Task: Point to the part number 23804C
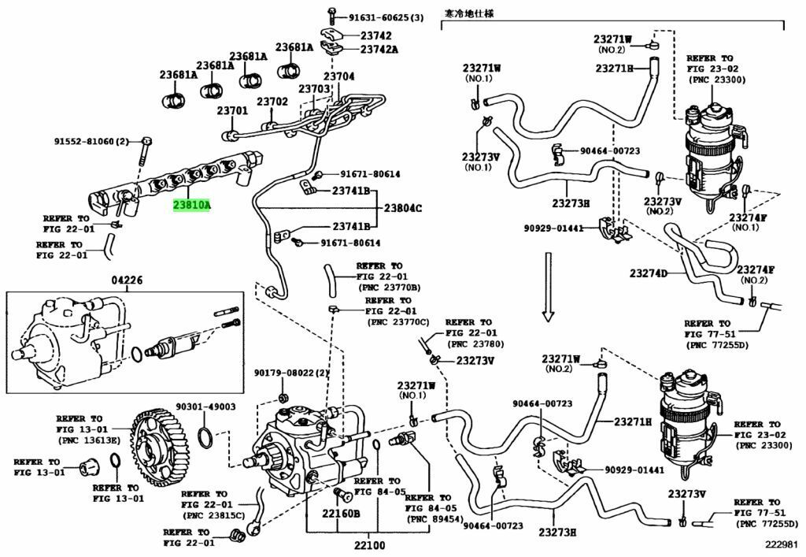pos(403,208)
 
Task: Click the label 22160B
pos(340,514)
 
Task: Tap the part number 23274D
pos(649,273)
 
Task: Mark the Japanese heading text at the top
pos(471,13)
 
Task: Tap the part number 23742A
pos(379,49)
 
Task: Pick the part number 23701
pos(232,111)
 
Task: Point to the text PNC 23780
pos(475,344)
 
